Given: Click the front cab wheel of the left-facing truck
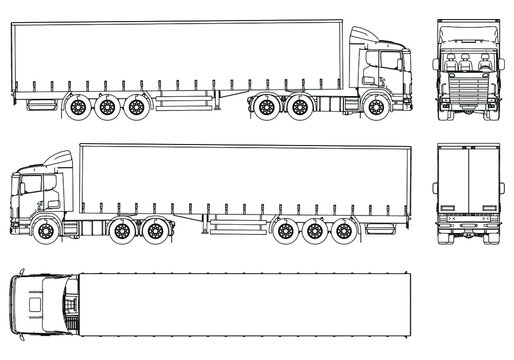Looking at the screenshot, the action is point(48,231).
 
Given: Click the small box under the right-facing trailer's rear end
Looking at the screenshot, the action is point(41,102).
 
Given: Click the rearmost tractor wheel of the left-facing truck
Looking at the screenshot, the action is point(154,231).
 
